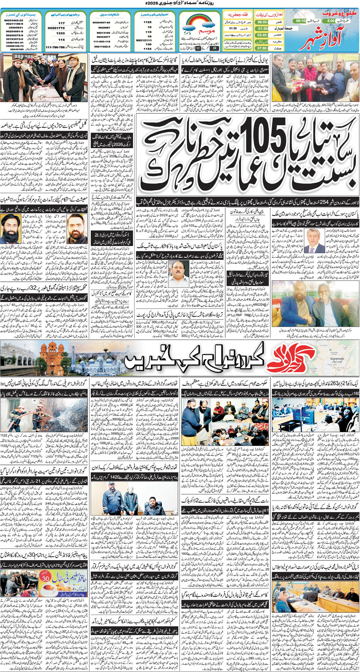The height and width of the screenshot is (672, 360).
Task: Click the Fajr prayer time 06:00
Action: [x=262, y=22]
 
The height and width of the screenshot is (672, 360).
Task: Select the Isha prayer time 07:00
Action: [x=262, y=48]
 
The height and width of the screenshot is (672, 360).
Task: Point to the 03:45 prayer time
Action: [x=262, y=35]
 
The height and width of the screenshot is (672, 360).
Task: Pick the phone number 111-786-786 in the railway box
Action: [x=55, y=48]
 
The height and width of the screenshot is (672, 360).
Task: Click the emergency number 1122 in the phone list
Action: [x=147, y=22]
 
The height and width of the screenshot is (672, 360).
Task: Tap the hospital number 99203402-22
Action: [x=13, y=20]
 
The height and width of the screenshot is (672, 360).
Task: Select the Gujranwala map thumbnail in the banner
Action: [x=338, y=358]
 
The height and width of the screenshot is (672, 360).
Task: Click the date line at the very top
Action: [x=180, y=3]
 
